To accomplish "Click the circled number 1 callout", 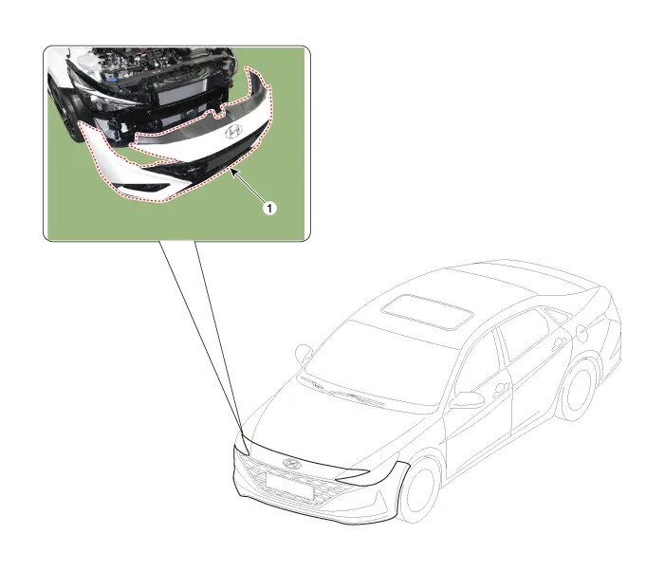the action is pyautogui.click(x=269, y=208).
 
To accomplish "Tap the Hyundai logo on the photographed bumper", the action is pyautogui.click(x=233, y=131).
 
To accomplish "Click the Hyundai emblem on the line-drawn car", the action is pyautogui.click(x=292, y=464).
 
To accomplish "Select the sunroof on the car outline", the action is pyautogui.click(x=427, y=312).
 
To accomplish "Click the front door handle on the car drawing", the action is pyautogui.click(x=502, y=388).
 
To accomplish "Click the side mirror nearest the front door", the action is pyautogui.click(x=467, y=399).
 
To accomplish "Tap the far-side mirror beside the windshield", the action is pyautogui.click(x=304, y=353).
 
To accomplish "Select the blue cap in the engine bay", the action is pyautogui.click(x=112, y=80).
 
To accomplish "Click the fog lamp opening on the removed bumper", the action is pyautogui.click(x=145, y=187).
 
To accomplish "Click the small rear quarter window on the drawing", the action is pyautogui.click(x=557, y=314).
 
